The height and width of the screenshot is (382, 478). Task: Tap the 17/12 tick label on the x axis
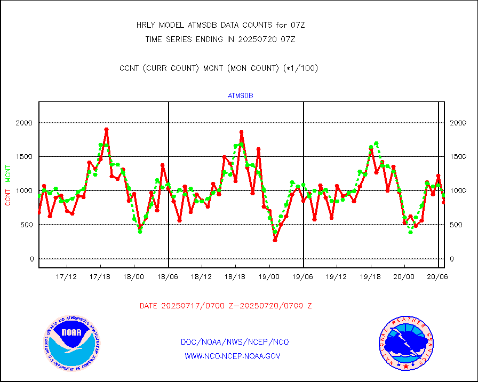67,277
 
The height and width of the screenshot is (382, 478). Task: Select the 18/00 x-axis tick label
134,277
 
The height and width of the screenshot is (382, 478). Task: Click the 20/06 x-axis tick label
438,277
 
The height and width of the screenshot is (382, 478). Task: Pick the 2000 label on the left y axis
25,123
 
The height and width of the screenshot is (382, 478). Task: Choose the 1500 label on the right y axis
459,157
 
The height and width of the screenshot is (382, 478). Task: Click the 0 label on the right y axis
452,259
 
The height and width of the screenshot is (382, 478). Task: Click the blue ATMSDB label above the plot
240,96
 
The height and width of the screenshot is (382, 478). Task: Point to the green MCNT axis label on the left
8,173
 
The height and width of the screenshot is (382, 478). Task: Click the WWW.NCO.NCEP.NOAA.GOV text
232,356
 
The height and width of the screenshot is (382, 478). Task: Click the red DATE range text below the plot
226,306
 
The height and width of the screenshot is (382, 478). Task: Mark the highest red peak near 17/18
106,130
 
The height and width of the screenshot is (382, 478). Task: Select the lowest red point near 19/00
275,240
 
